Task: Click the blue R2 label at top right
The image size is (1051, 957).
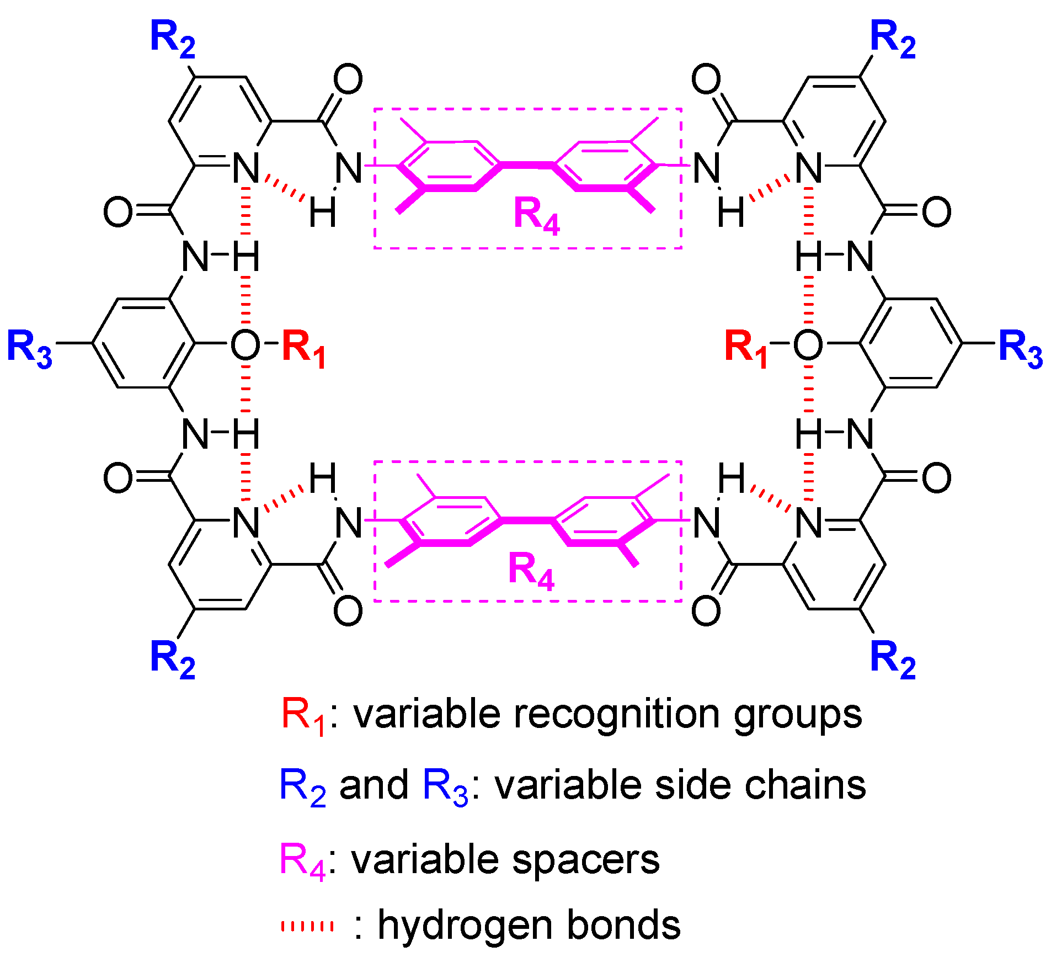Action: point(893,40)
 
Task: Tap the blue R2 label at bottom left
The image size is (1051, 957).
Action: point(173,660)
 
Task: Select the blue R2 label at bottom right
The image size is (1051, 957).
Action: point(893,660)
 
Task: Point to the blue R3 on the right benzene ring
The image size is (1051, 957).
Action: point(1021,349)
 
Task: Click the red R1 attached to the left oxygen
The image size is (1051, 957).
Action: point(303,349)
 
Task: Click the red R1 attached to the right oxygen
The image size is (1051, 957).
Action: point(746,349)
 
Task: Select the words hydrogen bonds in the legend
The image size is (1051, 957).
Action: point(529,925)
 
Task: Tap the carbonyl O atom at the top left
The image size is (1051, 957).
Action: point(348,79)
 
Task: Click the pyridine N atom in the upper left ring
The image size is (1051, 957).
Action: point(246,168)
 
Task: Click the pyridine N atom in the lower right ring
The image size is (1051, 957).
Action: point(809,522)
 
